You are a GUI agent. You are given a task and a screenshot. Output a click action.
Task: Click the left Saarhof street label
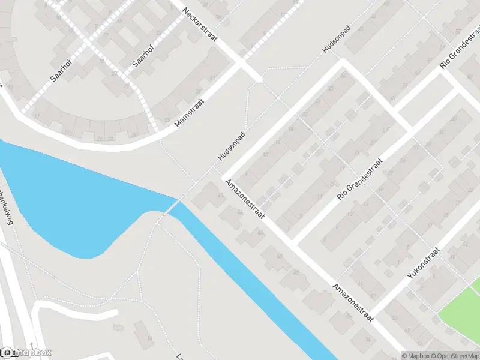(58, 70)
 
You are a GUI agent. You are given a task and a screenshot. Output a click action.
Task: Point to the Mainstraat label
(190, 113)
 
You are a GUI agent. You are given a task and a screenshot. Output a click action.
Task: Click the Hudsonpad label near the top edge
(335, 40)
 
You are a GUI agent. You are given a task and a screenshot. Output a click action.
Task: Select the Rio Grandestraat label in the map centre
(360, 179)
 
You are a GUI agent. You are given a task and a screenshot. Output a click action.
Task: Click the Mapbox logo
(26, 353)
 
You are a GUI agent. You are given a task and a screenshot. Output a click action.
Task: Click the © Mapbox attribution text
(414, 356)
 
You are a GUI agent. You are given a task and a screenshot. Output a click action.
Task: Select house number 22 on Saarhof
(127, 87)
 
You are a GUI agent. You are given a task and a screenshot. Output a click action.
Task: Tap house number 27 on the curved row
(37, 116)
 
